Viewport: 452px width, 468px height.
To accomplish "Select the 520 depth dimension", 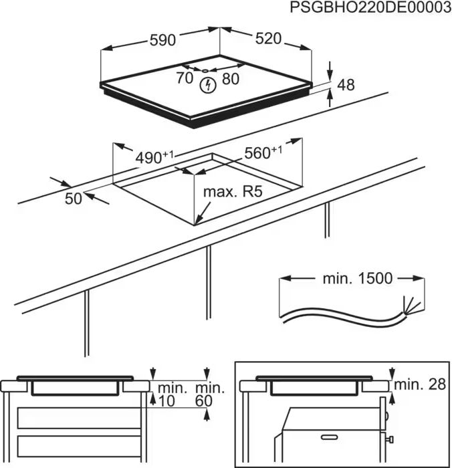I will tap(268, 39).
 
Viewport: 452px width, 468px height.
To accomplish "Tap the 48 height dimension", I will tap(346, 85).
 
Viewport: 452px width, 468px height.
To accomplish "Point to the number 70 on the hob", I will tap(185, 78).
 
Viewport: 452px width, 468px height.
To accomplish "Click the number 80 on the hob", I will tap(229, 78).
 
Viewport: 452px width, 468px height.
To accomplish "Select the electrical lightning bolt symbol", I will tap(208, 84).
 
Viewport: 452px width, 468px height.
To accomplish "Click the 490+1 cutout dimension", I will tap(153, 157).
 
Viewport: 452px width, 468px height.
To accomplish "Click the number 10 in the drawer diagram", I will tap(166, 400).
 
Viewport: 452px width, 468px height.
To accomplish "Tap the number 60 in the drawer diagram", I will tap(204, 400).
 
